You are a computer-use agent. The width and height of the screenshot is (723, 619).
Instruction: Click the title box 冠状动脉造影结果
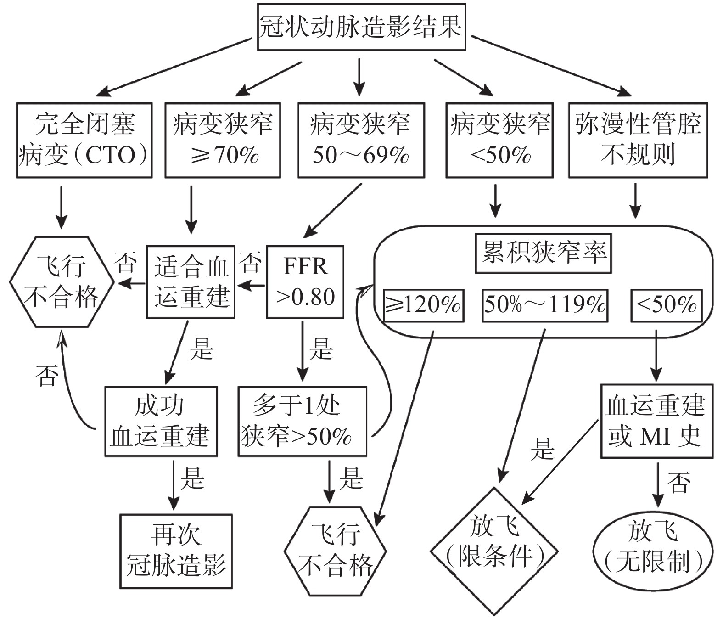point(361,27)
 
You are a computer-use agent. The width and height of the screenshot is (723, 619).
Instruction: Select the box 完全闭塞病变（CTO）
point(84,141)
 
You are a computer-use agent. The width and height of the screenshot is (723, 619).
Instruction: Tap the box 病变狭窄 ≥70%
point(223,141)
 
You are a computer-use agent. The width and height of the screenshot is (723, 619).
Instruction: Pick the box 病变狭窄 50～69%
point(361,141)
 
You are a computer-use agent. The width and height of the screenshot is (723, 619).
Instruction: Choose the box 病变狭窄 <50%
point(499,141)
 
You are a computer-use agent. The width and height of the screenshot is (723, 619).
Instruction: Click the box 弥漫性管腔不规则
point(638,141)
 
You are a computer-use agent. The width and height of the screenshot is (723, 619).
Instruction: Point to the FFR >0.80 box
point(305,282)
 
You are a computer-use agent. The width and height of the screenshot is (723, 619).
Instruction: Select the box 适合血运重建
point(191,282)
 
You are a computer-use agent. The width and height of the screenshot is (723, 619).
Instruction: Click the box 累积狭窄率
point(543,253)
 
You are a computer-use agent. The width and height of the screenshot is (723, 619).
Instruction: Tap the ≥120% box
point(424,305)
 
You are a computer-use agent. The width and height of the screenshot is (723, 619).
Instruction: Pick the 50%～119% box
point(545,305)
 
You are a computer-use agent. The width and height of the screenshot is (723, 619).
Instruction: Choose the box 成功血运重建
point(161,421)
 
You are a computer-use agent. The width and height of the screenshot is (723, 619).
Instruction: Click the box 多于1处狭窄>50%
point(302,421)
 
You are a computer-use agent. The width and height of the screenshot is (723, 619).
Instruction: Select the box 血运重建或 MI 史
point(657,421)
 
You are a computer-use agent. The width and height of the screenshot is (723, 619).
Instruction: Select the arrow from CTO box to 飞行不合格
point(62,208)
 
